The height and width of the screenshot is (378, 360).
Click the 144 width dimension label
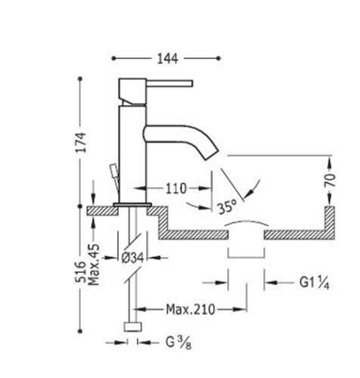168,59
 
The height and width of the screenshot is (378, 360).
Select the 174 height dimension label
81,142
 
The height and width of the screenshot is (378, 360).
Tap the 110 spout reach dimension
176,188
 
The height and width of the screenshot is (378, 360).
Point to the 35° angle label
228,207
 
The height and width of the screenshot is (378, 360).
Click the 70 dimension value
330,180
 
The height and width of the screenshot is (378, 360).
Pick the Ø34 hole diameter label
132,258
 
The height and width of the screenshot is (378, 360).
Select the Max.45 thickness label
95,265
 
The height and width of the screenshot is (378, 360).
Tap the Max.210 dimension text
191,309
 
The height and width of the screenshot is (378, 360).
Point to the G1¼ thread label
315,283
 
